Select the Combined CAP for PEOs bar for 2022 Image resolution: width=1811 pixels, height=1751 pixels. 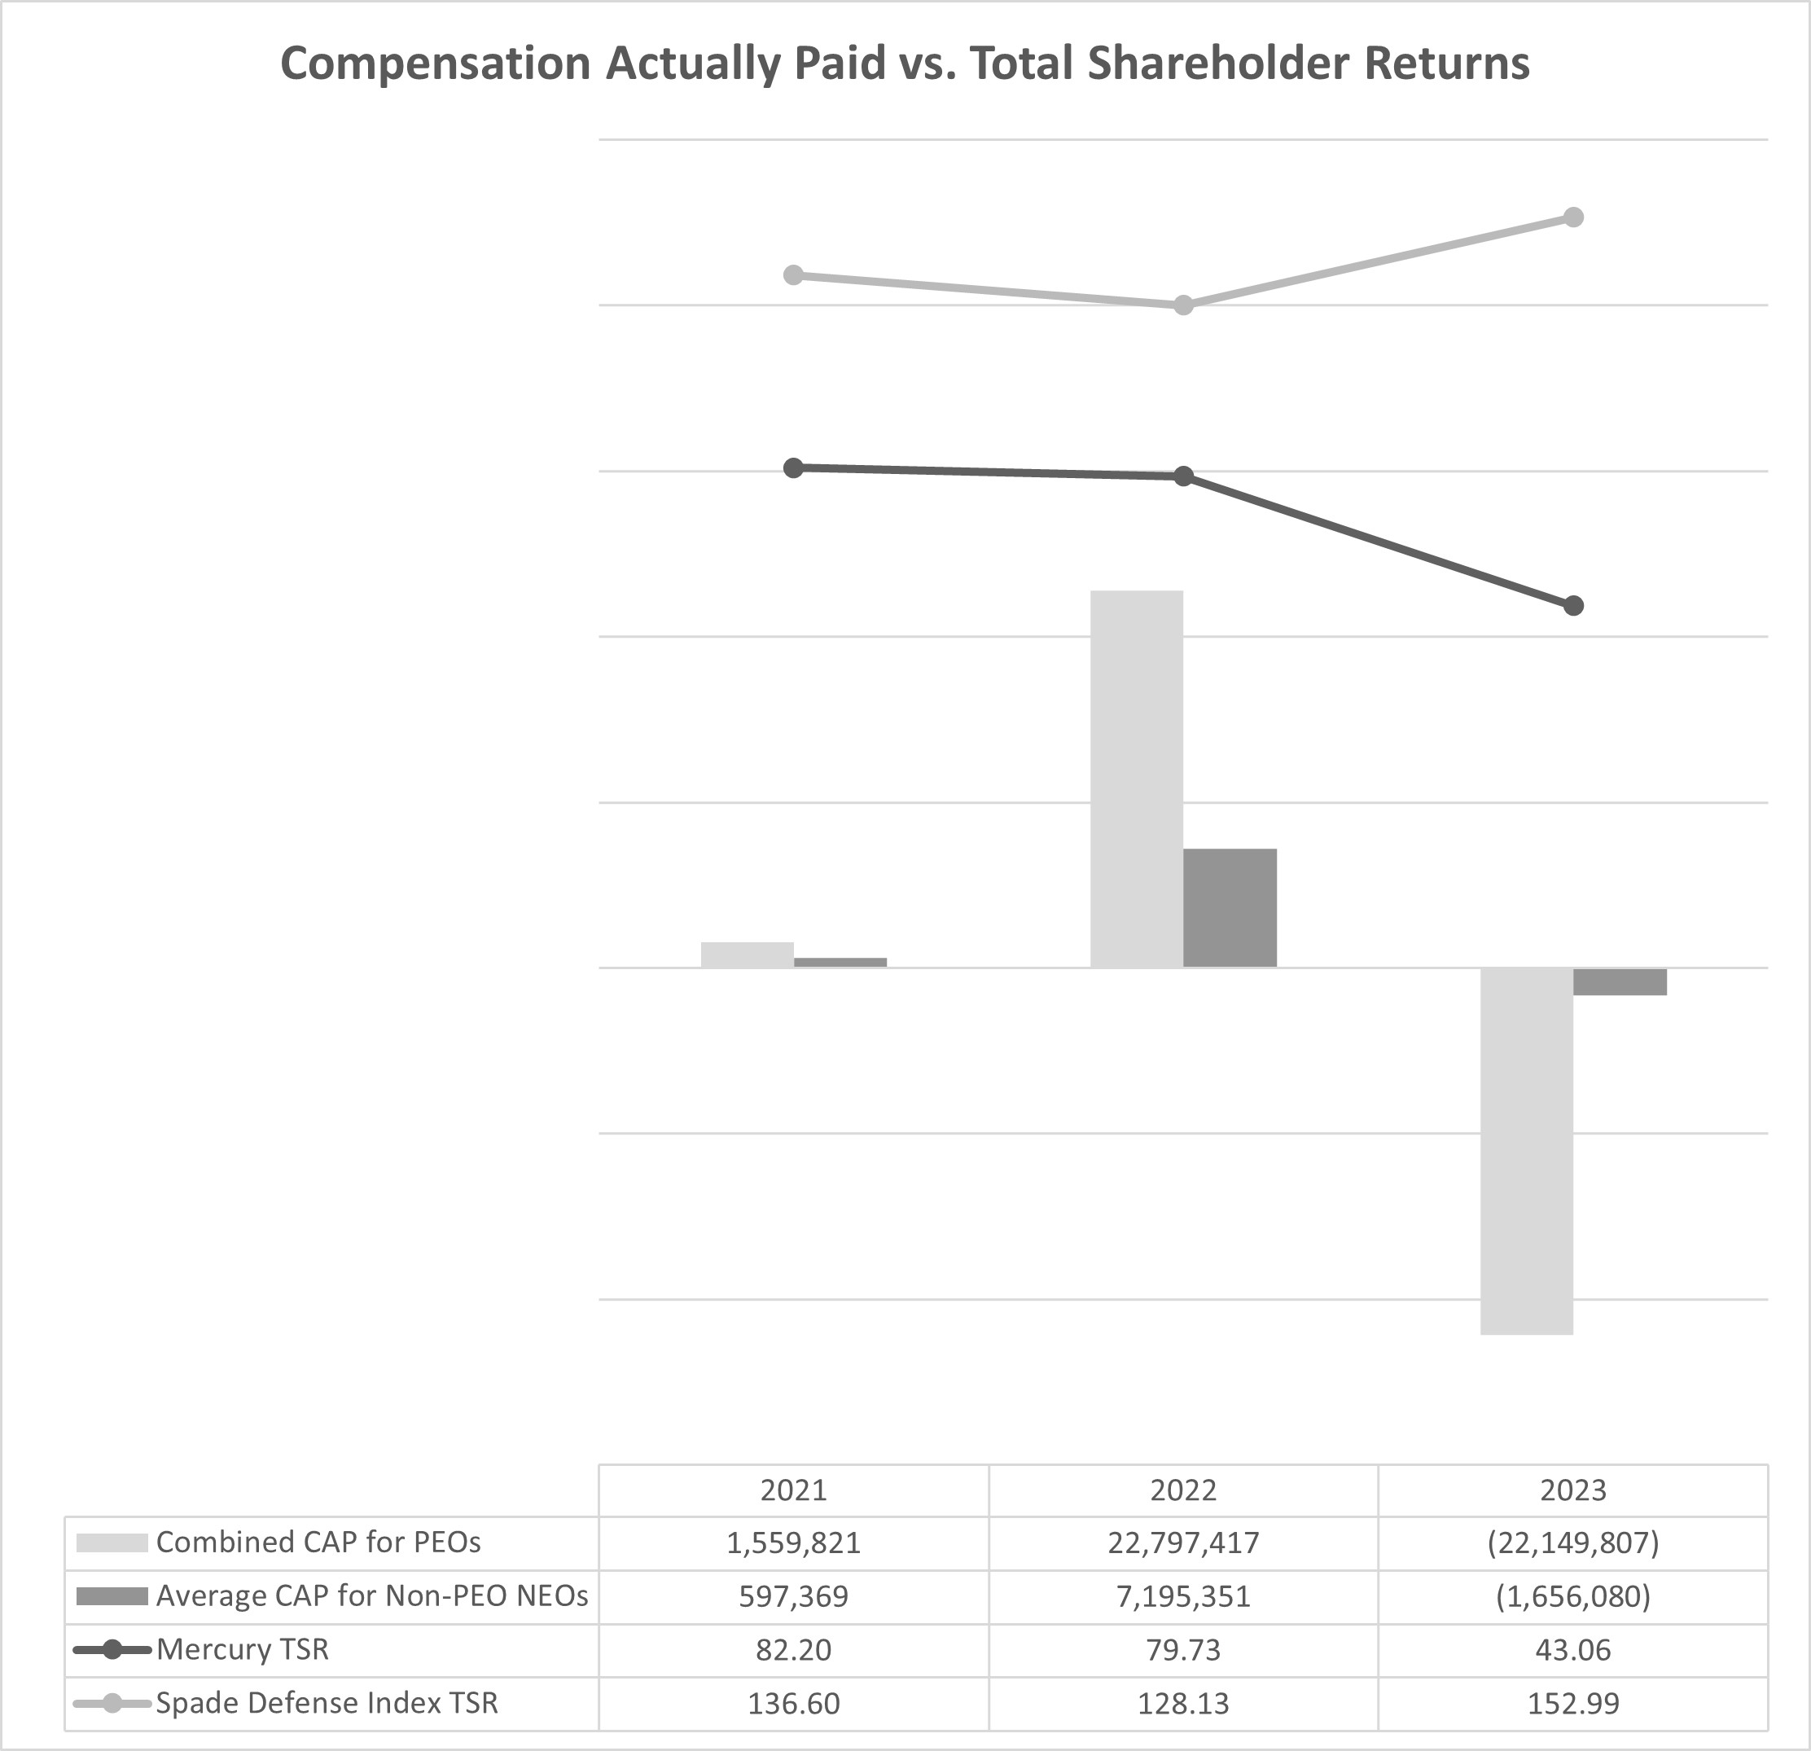tap(1137, 778)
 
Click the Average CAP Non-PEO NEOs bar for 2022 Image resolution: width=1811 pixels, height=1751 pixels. tap(1230, 907)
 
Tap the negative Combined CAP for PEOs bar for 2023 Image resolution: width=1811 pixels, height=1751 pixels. tap(1527, 1151)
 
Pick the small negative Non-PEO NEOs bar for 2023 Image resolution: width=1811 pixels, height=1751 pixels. tap(1620, 981)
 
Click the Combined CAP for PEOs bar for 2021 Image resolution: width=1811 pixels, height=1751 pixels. tap(747, 954)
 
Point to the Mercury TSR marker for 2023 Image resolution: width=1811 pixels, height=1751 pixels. tap(1573, 606)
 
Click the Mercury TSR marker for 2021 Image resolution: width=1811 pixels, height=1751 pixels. tap(793, 467)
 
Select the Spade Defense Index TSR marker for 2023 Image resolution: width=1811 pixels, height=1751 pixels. tap(1573, 217)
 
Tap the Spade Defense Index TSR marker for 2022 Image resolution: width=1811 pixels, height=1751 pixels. tap(1182, 305)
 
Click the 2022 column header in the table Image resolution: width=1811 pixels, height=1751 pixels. tap(1182, 1490)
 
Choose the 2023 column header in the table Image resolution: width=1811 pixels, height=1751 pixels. tap(1572, 1490)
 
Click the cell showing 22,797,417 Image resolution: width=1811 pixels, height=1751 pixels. tap(1182, 1543)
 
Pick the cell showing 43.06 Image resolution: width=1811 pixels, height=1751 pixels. tap(1572, 1650)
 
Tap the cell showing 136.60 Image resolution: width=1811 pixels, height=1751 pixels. tap(793, 1704)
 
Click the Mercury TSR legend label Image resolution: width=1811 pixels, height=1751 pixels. tap(242, 1649)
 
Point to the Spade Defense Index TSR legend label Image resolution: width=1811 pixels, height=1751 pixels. tap(327, 1703)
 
